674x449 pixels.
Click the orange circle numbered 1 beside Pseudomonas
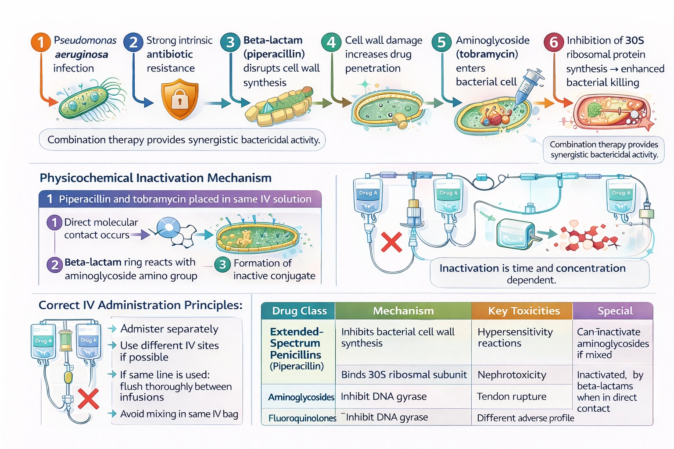(x=41, y=43)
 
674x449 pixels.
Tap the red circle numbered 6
(x=554, y=43)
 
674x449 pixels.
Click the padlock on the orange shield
(x=179, y=100)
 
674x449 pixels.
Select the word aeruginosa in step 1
(x=81, y=54)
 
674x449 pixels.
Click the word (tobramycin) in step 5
(x=487, y=54)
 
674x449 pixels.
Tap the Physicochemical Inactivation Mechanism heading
(x=155, y=178)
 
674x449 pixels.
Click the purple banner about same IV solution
(x=180, y=199)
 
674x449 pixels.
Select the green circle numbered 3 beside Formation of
(x=222, y=264)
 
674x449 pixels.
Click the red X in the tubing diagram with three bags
(x=391, y=242)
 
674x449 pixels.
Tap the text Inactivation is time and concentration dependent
(x=532, y=273)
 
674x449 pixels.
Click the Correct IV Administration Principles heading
(x=140, y=305)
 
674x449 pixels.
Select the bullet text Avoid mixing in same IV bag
(x=179, y=414)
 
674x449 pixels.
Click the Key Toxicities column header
(x=523, y=311)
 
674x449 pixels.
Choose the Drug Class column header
(x=299, y=311)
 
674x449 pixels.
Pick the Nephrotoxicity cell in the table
(x=512, y=375)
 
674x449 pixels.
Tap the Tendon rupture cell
(x=511, y=396)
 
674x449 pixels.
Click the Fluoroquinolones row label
(x=302, y=418)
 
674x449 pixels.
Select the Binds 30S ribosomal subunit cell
(x=404, y=375)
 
